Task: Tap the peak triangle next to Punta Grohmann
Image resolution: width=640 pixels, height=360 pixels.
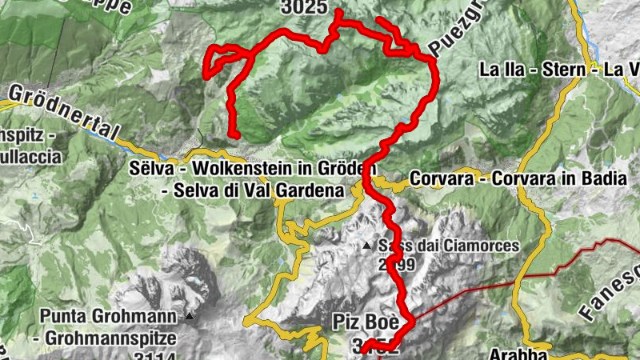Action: (x=190, y=316)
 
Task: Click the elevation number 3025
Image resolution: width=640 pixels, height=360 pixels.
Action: (x=304, y=7)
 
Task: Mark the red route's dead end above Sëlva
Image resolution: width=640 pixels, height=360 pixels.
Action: (x=236, y=134)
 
